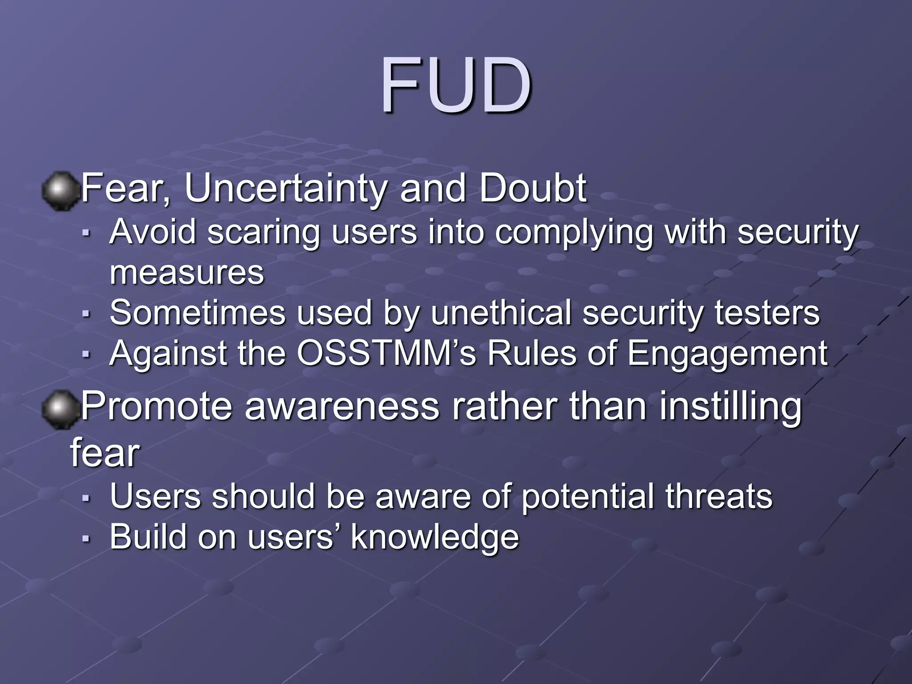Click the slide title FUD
point(456,85)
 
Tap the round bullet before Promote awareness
point(59,409)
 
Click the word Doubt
point(533,189)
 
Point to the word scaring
point(264,233)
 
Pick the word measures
point(187,273)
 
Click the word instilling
point(730,407)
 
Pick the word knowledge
point(435,537)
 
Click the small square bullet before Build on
point(86,538)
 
